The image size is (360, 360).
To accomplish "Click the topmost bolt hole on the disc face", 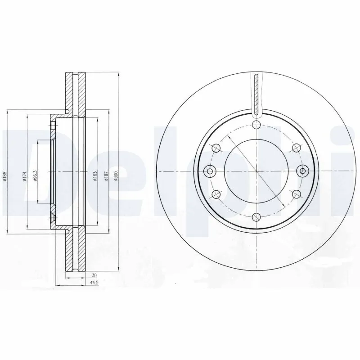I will [x=256, y=125].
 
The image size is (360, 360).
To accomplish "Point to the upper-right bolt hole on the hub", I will [x=296, y=148].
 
